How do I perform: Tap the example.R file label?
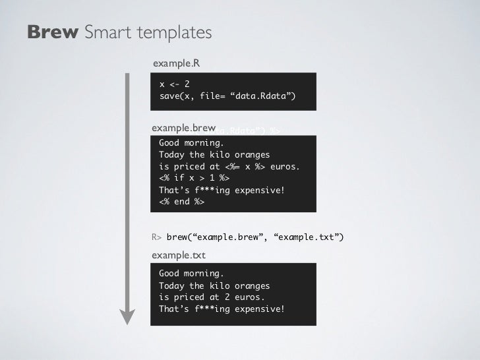[x=176, y=63]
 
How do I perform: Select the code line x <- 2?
[x=175, y=84]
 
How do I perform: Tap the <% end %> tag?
[x=182, y=202]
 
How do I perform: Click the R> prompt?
[x=157, y=237]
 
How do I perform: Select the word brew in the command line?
[x=178, y=237]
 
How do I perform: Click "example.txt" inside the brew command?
[x=307, y=237]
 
